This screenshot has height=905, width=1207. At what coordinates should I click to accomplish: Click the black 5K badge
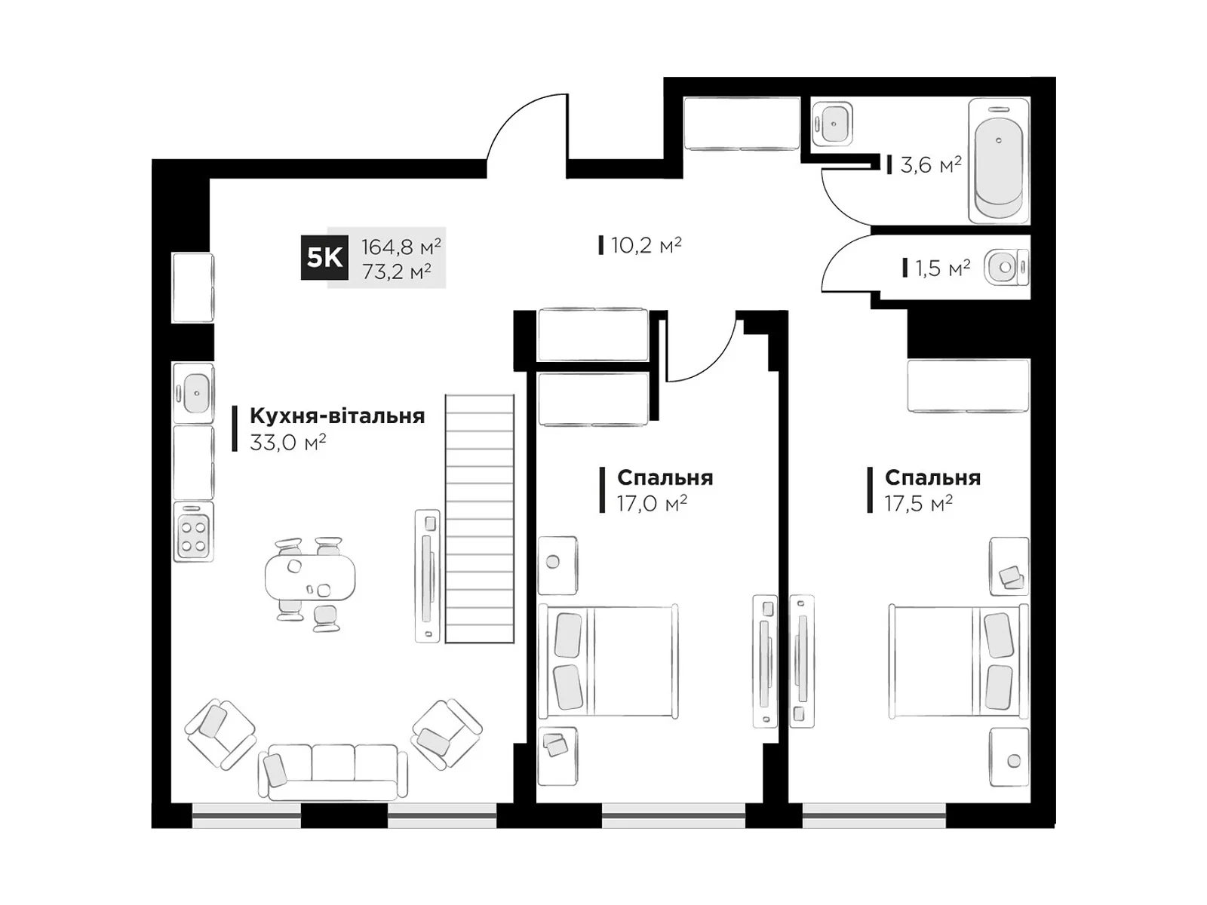pyautogui.click(x=324, y=257)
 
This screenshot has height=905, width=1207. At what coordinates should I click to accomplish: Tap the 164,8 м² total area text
pyautogui.click(x=401, y=247)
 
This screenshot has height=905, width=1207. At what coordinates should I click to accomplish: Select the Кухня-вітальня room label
pyautogui.click(x=337, y=416)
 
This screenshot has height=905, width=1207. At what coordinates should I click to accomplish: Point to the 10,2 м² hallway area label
pyautogui.click(x=646, y=245)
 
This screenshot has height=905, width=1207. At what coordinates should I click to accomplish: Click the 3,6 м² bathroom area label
pyautogui.click(x=930, y=164)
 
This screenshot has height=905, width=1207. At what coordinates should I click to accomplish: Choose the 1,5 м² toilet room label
pyautogui.click(x=942, y=268)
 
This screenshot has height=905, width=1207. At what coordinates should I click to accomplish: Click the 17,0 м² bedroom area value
pyautogui.click(x=652, y=503)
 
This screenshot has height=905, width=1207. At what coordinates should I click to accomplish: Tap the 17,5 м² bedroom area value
pyautogui.click(x=918, y=503)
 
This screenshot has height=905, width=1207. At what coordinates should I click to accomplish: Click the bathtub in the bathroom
pyautogui.click(x=999, y=161)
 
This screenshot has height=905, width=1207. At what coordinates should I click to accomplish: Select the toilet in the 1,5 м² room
pyautogui.click(x=1006, y=268)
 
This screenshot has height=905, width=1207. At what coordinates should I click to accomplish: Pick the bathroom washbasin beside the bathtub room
pyautogui.click(x=832, y=124)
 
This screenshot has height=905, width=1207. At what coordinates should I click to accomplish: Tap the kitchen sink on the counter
pyautogui.click(x=194, y=393)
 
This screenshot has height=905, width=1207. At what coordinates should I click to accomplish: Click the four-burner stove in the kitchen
pyautogui.click(x=194, y=532)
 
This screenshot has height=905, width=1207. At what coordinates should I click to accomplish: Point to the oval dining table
pyautogui.click(x=310, y=578)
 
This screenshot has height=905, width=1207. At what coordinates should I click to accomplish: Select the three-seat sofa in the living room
pyautogui.click(x=333, y=772)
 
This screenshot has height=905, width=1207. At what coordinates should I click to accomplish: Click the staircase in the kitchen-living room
pyautogui.click(x=480, y=519)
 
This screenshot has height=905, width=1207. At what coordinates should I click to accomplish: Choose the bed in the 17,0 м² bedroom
pyautogui.click(x=607, y=661)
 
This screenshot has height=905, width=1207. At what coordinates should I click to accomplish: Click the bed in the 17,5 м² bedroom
pyautogui.click(x=959, y=661)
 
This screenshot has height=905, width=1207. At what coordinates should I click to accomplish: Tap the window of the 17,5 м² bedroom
pyautogui.click(x=874, y=816)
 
